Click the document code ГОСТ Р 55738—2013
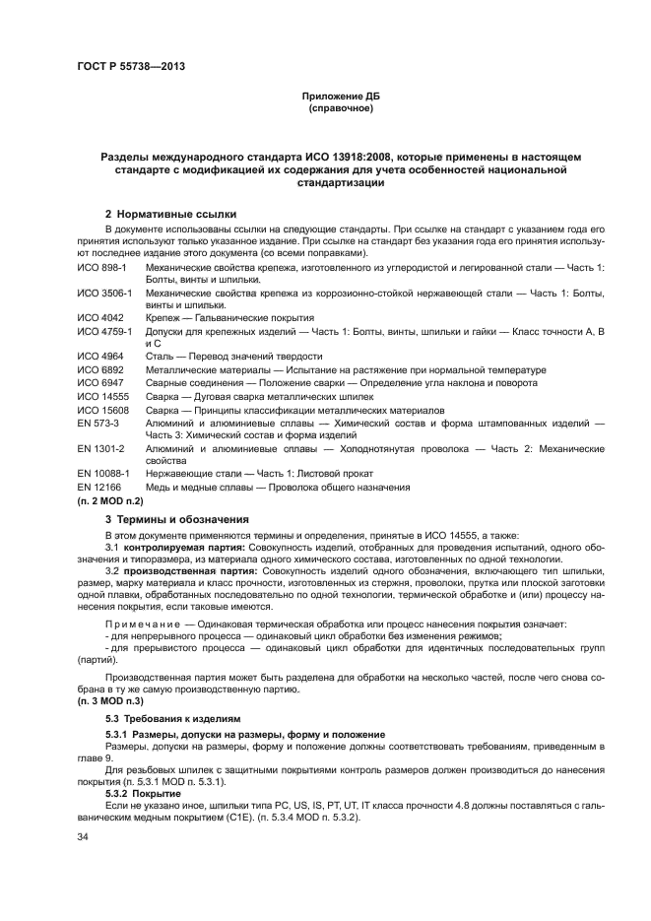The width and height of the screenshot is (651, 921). click(131, 66)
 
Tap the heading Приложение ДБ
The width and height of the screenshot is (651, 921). click(340, 97)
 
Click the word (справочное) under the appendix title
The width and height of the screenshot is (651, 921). click(340, 108)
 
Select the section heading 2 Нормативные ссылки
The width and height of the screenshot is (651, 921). click(170, 214)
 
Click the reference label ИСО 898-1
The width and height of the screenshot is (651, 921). click(103, 268)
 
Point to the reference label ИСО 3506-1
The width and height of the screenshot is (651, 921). click(106, 293)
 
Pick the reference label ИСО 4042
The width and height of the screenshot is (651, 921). click(99, 318)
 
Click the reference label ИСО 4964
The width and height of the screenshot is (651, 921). click(99, 357)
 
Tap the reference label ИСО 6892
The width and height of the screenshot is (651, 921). click(99, 369)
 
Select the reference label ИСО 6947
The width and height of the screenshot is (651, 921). click(99, 382)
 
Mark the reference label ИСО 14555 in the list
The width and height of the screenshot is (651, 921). click(102, 395)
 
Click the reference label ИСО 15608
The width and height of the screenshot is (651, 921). click(102, 408)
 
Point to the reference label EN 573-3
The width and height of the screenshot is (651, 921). click(99, 421)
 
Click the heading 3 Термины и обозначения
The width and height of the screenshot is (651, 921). click(176, 518)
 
